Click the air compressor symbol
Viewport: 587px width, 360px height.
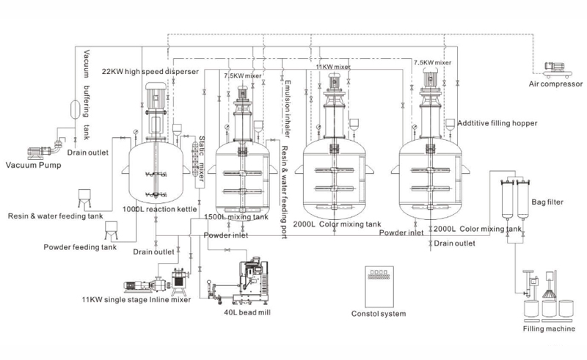[x=558, y=70]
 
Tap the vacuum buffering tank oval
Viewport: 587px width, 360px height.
[x=75, y=109]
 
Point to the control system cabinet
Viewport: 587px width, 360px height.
[x=379, y=287]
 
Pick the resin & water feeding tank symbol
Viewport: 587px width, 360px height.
[x=84, y=198]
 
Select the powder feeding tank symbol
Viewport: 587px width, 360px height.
[x=112, y=230]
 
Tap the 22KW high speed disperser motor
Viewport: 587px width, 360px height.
[x=156, y=95]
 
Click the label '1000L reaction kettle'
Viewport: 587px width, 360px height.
[x=160, y=209]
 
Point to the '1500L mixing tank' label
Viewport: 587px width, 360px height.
[x=236, y=217]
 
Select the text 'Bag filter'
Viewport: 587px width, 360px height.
[x=547, y=202]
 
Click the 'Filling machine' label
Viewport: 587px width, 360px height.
[x=549, y=328]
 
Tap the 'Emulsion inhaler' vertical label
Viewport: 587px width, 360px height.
[x=288, y=109]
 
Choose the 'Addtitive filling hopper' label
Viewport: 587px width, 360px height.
[x=497, y=123]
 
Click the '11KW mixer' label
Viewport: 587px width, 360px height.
[x=333, y=67]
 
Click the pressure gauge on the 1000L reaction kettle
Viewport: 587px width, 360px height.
[x=135, y=132]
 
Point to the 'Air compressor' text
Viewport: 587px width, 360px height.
[x=555, y=84]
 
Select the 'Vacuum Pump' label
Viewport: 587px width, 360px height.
[x=33, y=165]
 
